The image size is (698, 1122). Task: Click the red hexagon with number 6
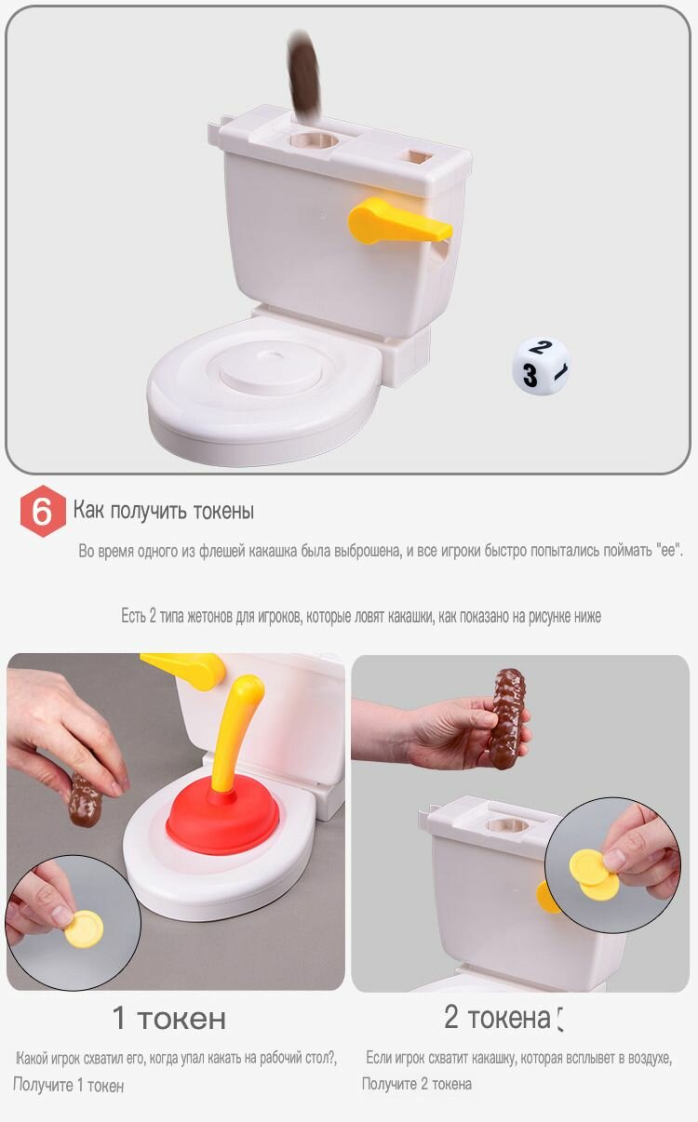[x=43, y=511]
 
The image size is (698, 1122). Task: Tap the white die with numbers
[x=541, y=366]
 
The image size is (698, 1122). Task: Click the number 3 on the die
[x=530, y=375]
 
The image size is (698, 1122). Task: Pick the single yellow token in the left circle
[x=84, y=928]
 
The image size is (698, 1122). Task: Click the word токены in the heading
[x=223, y=511]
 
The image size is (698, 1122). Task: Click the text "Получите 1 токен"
[x=68, y=1085]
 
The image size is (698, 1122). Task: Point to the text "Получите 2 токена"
[x=416, y=1084]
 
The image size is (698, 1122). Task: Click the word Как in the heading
[x=88, y=510]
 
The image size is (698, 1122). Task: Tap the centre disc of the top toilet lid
[x=270, y=370]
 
